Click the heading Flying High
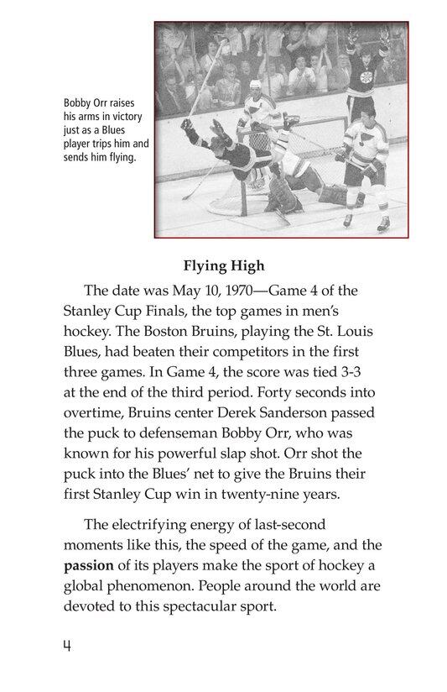point(223,266)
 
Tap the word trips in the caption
point(103,143)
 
